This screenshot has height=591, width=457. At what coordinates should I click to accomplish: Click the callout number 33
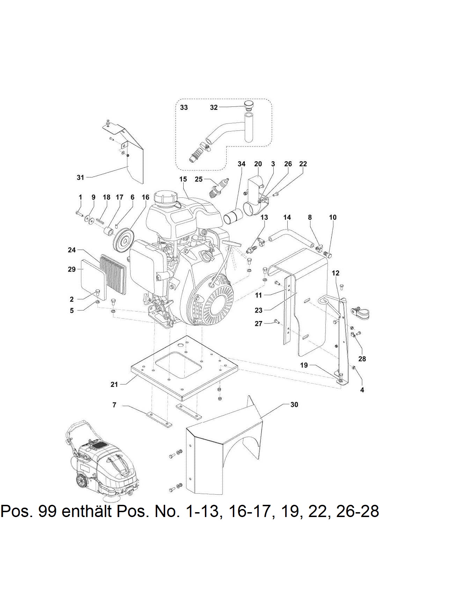point(184,107)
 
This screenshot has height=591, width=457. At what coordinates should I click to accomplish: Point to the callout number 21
point(114,384)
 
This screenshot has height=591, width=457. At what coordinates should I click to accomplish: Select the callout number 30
point(294,404)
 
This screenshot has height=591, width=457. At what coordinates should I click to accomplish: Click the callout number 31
point(80,177)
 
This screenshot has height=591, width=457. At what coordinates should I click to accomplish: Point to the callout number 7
point(114,405)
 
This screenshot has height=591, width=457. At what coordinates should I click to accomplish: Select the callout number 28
point(362,359)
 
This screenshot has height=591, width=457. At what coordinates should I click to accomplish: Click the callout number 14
point(287,217)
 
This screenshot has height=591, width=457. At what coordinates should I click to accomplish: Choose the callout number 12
point(335,273)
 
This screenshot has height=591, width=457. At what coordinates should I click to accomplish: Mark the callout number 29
point(72,269)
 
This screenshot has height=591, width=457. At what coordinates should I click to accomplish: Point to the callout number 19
point(304,365)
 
